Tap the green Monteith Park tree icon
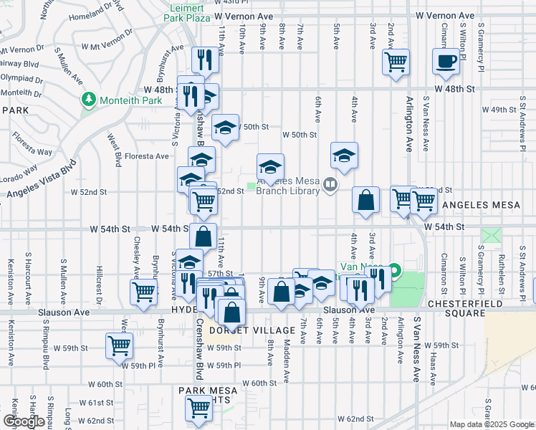point(89,99)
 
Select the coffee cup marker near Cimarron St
point(446,62)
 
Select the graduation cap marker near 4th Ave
point(344,156)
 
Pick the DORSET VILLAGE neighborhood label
point(256,330)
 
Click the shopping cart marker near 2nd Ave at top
point(396,62)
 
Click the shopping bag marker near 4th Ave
point(365,201)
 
